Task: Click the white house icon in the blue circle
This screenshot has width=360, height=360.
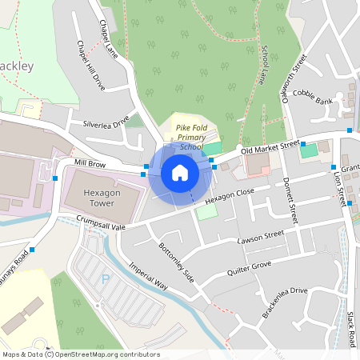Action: (x=180, y=172)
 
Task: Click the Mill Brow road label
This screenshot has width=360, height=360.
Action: (x=90, y=162)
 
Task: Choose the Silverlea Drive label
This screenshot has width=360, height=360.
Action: (x=106, y=124)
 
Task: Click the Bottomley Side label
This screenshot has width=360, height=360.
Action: (x=176, y=262)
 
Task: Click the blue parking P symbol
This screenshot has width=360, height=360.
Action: (x=106, y=278)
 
